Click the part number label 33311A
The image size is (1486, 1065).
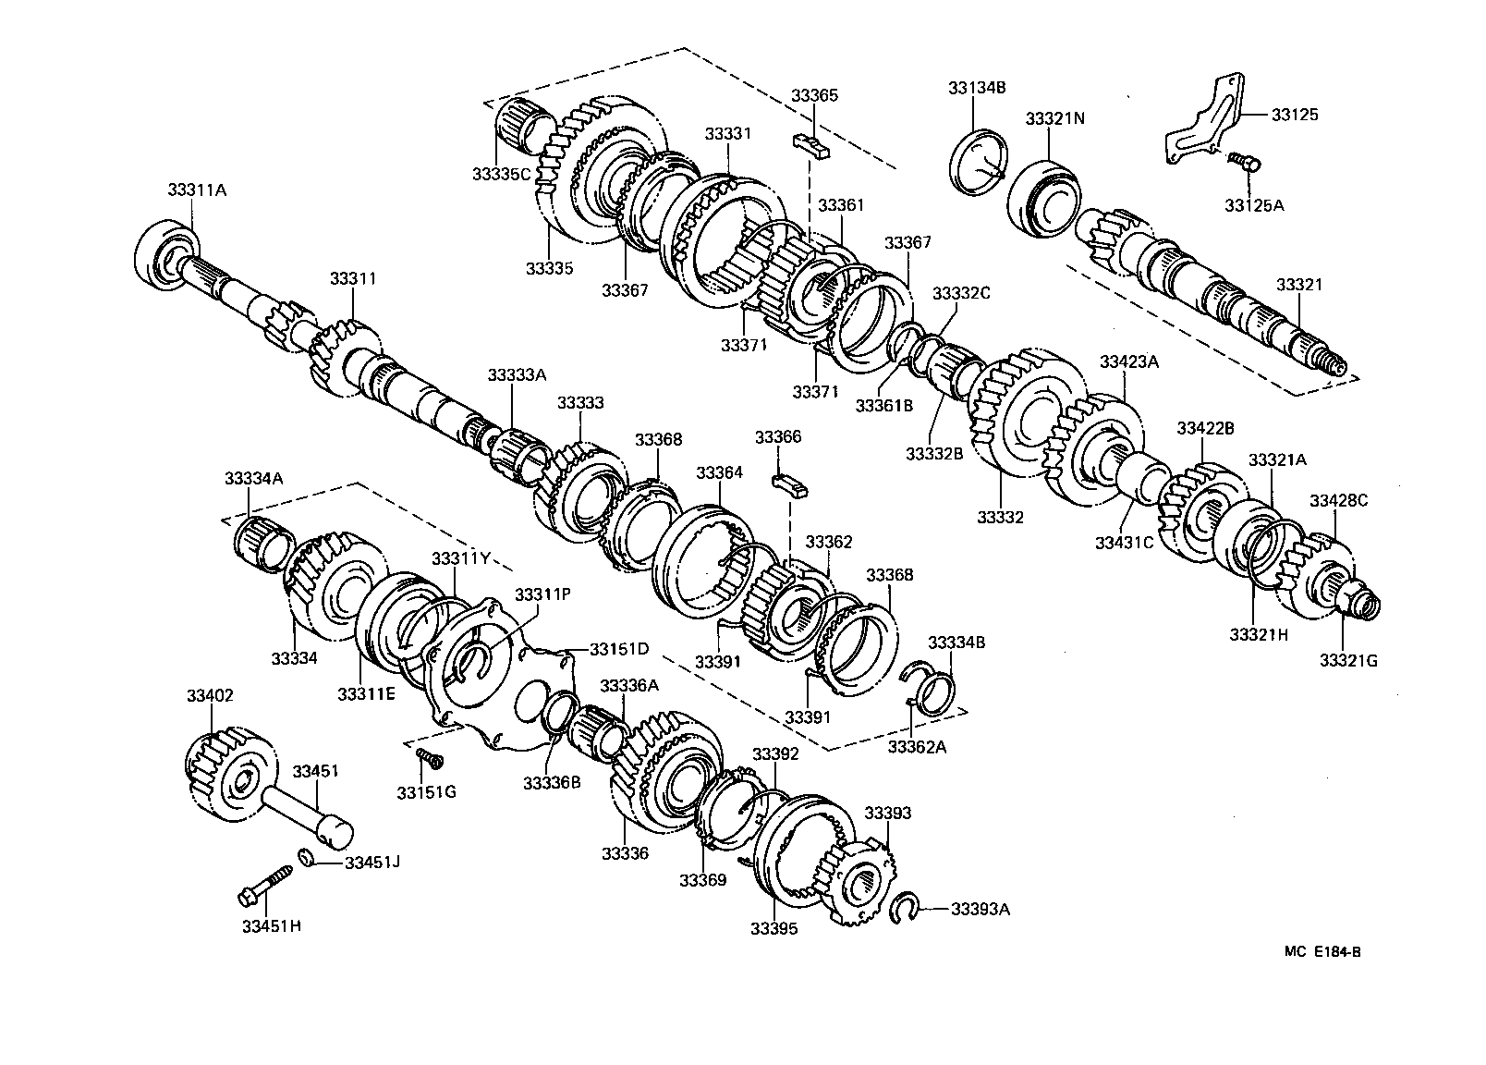(197, 190)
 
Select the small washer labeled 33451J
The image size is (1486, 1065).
(308, 857)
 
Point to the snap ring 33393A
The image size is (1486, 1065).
(904, 908)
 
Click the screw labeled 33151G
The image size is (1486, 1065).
(429, 757)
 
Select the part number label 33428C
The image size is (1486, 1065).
(1338, 501)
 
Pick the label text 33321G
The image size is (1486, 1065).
(1348, 660)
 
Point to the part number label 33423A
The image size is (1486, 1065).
(1128, 361)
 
